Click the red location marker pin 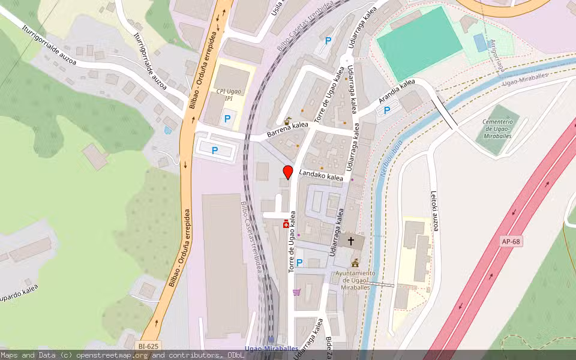(288, 171)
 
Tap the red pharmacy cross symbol (286, 224)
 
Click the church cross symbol (350, 241)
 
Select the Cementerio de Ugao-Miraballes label (500, 128)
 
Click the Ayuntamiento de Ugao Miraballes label (355, 280)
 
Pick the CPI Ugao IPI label (229, 94)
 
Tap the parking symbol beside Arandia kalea (388, 110)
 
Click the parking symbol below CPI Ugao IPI (227, 119)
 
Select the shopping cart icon (296, 292)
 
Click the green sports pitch (419, 43)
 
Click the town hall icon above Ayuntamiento (355, 263)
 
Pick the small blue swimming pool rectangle (480, 42)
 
